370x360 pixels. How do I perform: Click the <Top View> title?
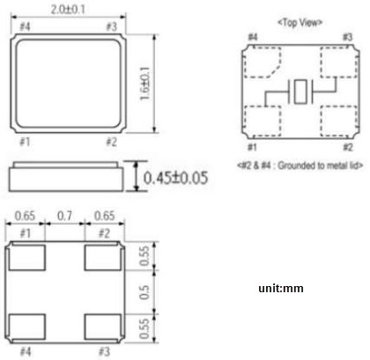(300, 20)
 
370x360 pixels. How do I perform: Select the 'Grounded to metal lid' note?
(301, 165)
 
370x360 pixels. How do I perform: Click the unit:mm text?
(280, 288)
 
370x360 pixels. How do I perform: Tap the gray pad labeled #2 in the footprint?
(102, 258)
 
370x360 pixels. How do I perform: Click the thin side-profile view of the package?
(67, 177)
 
